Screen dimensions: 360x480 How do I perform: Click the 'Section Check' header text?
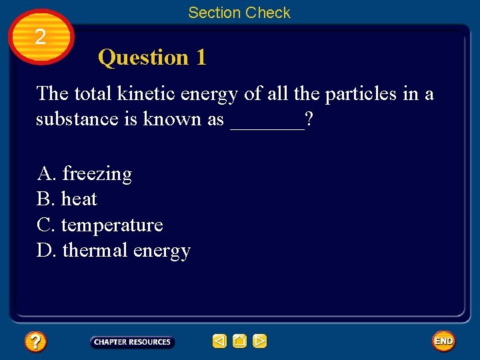(239, 13)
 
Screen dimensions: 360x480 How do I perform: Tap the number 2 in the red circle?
(41, 37)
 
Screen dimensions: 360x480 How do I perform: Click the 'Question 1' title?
(152, 58)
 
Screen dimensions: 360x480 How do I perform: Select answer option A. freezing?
(85, 174)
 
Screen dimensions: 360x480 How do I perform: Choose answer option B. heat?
(67, 199)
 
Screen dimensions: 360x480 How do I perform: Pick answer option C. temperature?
(100, 225)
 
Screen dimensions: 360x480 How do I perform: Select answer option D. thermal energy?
(114, 251)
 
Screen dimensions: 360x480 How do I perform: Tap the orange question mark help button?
(35, 342)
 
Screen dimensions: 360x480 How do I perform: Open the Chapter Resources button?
(132, 342)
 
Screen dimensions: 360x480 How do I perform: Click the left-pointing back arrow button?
(219, 341)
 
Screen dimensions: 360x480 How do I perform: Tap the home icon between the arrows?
(239, 341)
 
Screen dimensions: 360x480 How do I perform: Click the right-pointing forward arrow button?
(260, 341)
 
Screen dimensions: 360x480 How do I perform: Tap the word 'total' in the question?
(91, 94)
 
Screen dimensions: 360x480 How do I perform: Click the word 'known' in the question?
(171, 119)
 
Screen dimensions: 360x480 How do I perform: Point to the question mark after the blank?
(310, 119)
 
